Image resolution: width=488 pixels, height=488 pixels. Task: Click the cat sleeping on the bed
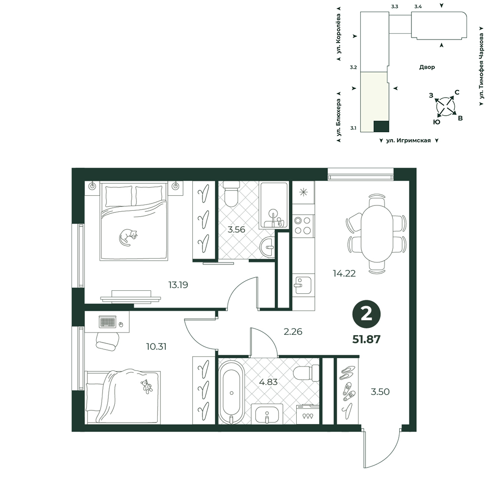click(127, 237)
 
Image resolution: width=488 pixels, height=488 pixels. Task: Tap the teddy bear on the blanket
click(146, 387)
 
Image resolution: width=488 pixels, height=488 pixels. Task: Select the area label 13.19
click(178, 285)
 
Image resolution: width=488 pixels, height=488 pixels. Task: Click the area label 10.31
click(156, 346)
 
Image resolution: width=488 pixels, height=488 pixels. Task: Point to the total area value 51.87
click(366, 339)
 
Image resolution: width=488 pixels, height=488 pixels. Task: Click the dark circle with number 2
click(366, 314)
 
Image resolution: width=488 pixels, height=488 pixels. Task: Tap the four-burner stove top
click(303, 225)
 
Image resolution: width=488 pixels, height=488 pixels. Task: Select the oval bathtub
click(231, 393)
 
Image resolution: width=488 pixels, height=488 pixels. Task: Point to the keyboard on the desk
click(108, 322)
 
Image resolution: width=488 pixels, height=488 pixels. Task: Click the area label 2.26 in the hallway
click(293, 332)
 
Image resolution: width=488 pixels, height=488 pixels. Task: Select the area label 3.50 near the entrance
click(380, 391)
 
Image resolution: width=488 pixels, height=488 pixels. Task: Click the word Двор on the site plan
click(427, 67)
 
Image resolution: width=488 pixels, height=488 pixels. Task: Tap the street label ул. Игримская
click(408, 141)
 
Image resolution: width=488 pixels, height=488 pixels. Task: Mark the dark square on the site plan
click(381, 126)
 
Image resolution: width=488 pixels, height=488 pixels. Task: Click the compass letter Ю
click(437, 122)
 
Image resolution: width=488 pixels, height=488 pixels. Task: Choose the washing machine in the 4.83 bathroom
click(308, 414)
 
